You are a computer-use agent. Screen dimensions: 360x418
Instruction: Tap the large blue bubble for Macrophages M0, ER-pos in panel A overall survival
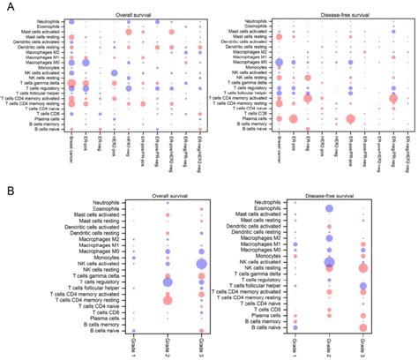click(x=86, y=62)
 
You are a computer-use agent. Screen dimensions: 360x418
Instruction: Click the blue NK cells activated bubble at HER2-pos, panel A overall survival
click(x=115, y=72)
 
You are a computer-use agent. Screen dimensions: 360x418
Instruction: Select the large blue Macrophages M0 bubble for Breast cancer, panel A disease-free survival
click(x=280, y=62)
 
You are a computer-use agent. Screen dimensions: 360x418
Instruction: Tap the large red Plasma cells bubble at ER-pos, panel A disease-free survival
click(x=294, y=118)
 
